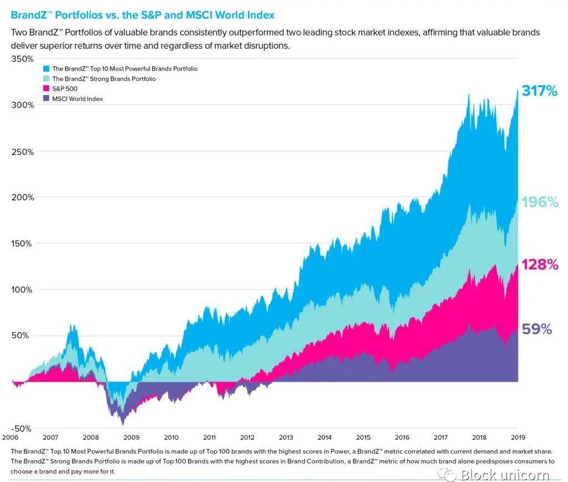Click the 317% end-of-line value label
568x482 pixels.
pos(539,91)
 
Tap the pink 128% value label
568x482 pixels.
pos(539,264)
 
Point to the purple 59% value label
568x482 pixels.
pos(537,329)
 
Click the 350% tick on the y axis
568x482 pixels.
pos(22,59)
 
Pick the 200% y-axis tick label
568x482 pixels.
pos(22,197)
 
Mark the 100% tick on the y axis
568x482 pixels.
pos(22,289)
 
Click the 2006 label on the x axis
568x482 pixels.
pos(11,438)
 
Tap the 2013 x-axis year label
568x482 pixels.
pos(286,438)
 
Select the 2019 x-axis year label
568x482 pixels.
pos(518,438)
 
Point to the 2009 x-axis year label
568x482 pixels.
pos(131,438)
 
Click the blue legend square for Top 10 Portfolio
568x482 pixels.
pos(47,69)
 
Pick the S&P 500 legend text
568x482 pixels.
pos(65,89)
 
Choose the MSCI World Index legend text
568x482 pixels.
pos(78,99)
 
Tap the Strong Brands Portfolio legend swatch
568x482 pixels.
pos(47,79)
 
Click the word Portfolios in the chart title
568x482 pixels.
pos(75,15)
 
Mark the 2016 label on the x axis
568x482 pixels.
pos(402,438)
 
